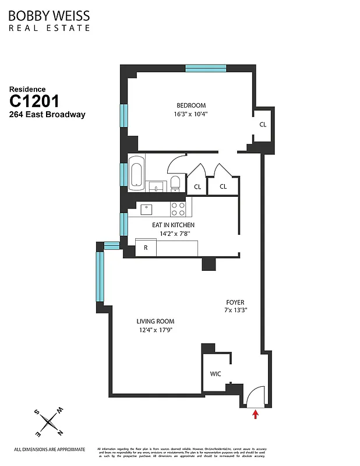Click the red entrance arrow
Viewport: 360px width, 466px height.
tap(255, 414)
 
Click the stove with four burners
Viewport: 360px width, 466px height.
tap(178, 209)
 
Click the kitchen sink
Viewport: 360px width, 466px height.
tap(145, 209)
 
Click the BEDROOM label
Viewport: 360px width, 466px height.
tap(192, 105)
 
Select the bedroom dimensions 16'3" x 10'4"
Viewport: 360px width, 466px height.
tap(192, 114)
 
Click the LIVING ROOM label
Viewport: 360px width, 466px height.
tap(156, 322)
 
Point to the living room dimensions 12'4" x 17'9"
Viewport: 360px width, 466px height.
tap(156, 330)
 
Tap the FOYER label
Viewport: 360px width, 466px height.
tap(235, 302)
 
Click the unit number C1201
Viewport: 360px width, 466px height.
tap(34, 101)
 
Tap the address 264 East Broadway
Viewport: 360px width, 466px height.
tap(47, 115)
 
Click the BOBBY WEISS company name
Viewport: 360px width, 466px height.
tap(50, 16)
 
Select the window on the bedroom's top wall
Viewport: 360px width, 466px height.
tap(206, 68)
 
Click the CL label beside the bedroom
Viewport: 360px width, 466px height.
tap(263, 125)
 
